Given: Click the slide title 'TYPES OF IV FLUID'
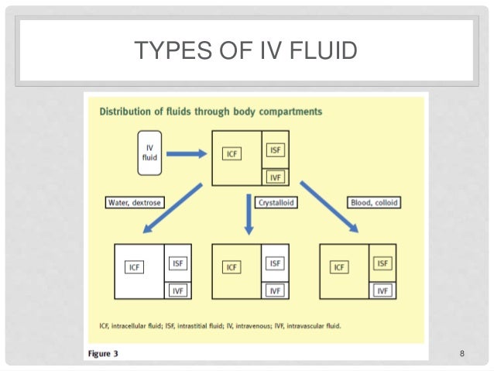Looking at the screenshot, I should (245, 52).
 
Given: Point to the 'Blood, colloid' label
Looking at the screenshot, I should (376, 203).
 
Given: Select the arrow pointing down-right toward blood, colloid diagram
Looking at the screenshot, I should (328, 207).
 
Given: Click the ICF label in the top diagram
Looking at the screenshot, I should (232, 153).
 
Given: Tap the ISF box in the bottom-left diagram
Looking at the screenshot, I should (177, 263).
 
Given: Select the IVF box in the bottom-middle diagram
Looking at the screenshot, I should (274, 290).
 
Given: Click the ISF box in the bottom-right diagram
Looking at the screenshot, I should (383, 263).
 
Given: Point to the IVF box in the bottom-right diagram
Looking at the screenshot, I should (383, 290).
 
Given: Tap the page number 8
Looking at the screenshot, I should (461, 354).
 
